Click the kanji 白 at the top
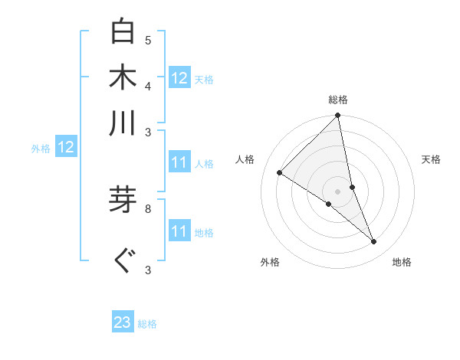pyautogui.click(x=123, y=32)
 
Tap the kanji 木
pyautogui.click(x=123, y=77)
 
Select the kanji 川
pyautogui.click(x=123, y=123)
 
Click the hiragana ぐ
pyautogui.click(x=123, y=261)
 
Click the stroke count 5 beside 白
pyautogui.click(x=148, y=40)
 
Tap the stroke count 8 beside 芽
pyautogui.click(x=148, y=208)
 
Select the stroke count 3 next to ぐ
pyautogui.click(x=148, y=270)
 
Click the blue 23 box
pyautogui.click(x=123, y=322)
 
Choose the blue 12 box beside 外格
pyautogui.click(x=66, y=147)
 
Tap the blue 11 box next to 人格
pyautogui.click(x=179, y=162)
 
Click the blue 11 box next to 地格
pyautogui.click(x=179, y=231)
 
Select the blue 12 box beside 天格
pyautogui.click(x=179, y=78)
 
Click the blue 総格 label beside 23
pyautogui.click(x=147, y=324)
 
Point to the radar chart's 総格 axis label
pyautogui.click(x=338, y=100)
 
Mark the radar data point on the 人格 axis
pyautogui.click(x=280, y=172)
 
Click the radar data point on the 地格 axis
pyautogui.click(x=374, y=242)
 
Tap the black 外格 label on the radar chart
pyautogui.click(x=270, y=262)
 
